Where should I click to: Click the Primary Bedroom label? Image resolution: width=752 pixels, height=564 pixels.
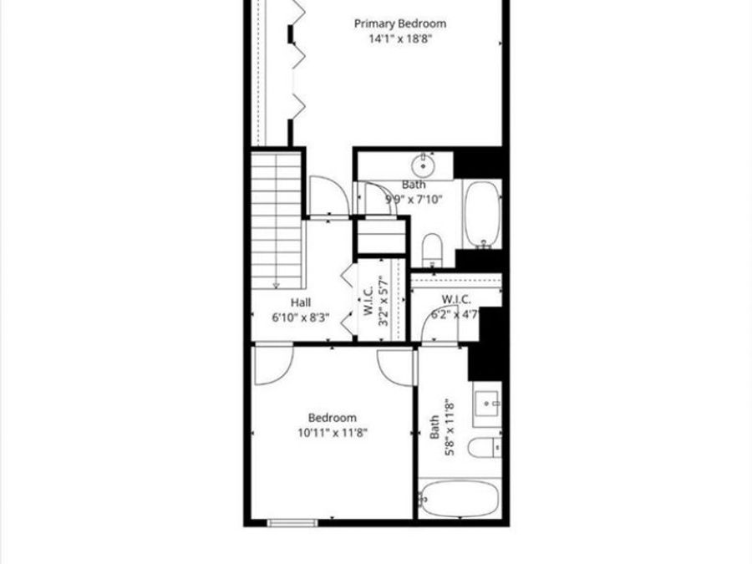[399, 24]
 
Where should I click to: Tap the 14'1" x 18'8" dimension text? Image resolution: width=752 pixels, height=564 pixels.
[399, 38]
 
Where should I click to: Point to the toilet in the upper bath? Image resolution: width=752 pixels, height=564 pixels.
[432, 248]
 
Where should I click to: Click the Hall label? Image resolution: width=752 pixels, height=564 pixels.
[301, 302]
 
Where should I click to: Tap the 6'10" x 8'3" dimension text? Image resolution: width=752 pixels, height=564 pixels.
[301, 317]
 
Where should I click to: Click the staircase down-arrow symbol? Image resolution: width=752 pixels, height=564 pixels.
[276, 284]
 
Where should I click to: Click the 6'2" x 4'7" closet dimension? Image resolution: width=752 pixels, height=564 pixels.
[455, 314]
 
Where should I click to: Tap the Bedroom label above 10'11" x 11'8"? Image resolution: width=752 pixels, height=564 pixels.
[333, 418]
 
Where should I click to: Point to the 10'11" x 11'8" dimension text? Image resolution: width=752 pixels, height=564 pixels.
[333, 432]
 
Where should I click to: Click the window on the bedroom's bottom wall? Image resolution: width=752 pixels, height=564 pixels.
[292, 523]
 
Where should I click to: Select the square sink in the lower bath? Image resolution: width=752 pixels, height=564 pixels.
[488, 404]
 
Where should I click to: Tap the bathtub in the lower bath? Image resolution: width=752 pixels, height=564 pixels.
[460, 499]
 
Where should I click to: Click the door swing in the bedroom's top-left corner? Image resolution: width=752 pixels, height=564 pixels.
[272, 362]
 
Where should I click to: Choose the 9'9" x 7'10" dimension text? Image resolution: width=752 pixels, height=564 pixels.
[414, 199]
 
